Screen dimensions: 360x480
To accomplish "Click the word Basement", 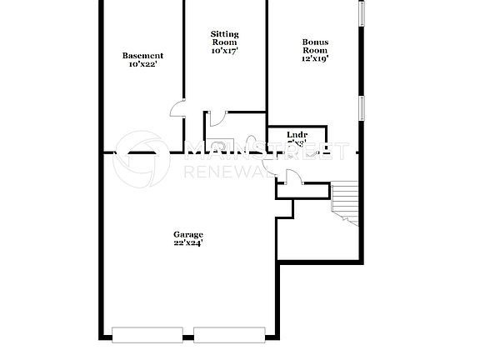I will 142,56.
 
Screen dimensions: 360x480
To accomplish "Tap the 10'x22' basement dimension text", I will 142,64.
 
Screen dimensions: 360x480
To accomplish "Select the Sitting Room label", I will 224,38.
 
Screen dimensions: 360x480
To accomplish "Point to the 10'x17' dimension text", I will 224,52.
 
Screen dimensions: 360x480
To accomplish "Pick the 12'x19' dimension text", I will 315,59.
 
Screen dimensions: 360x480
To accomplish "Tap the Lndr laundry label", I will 297,134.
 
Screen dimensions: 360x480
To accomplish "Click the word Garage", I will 188,234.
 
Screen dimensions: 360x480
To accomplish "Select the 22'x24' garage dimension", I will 188,243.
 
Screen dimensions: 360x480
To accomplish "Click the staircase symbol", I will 343,202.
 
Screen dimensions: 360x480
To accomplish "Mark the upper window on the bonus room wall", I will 362,12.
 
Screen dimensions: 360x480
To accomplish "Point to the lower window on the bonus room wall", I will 362,108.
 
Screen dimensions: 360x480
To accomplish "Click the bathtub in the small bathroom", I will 221,144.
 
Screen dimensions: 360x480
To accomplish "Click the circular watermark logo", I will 142,158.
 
